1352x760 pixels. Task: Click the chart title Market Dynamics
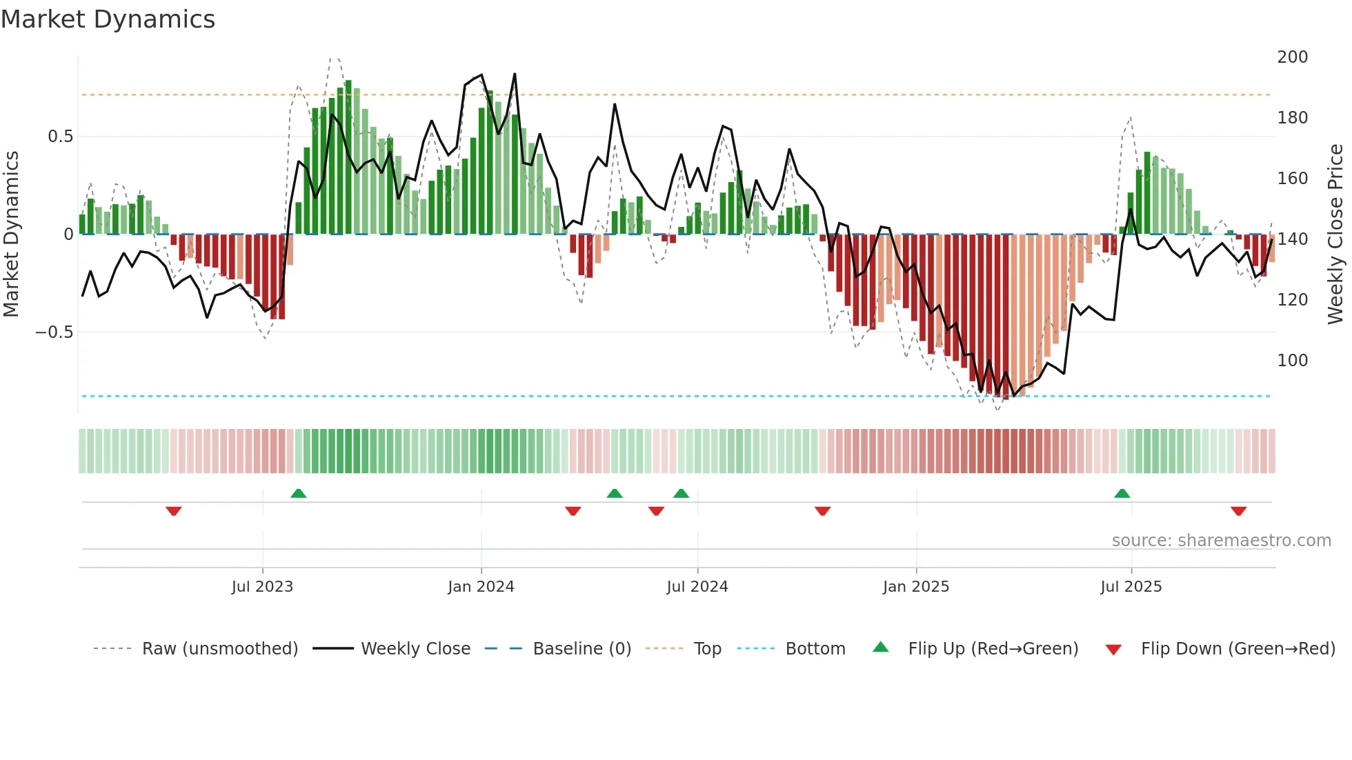tap(108, 19)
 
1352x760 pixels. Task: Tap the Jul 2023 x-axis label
tap(262, 587)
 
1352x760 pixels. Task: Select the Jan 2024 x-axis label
tap(481, 587)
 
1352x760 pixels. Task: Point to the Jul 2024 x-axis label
tap(697, 587)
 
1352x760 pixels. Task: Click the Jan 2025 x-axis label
tap(916, 587)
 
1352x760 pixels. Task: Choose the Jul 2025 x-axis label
tap(1131, 587)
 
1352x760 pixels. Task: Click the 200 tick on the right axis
tap(1292, 57)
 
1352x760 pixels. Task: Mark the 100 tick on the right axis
tap(1292, 361)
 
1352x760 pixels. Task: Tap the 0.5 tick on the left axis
tap(60, 137)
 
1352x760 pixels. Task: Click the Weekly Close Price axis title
tap(1335, 234)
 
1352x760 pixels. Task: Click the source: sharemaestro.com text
tap(1221, 541)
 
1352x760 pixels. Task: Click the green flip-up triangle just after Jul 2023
tap(298, 494)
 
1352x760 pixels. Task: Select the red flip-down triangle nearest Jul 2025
tap(1238, 511)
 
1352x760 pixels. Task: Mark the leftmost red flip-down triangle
tap(174, 511)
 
